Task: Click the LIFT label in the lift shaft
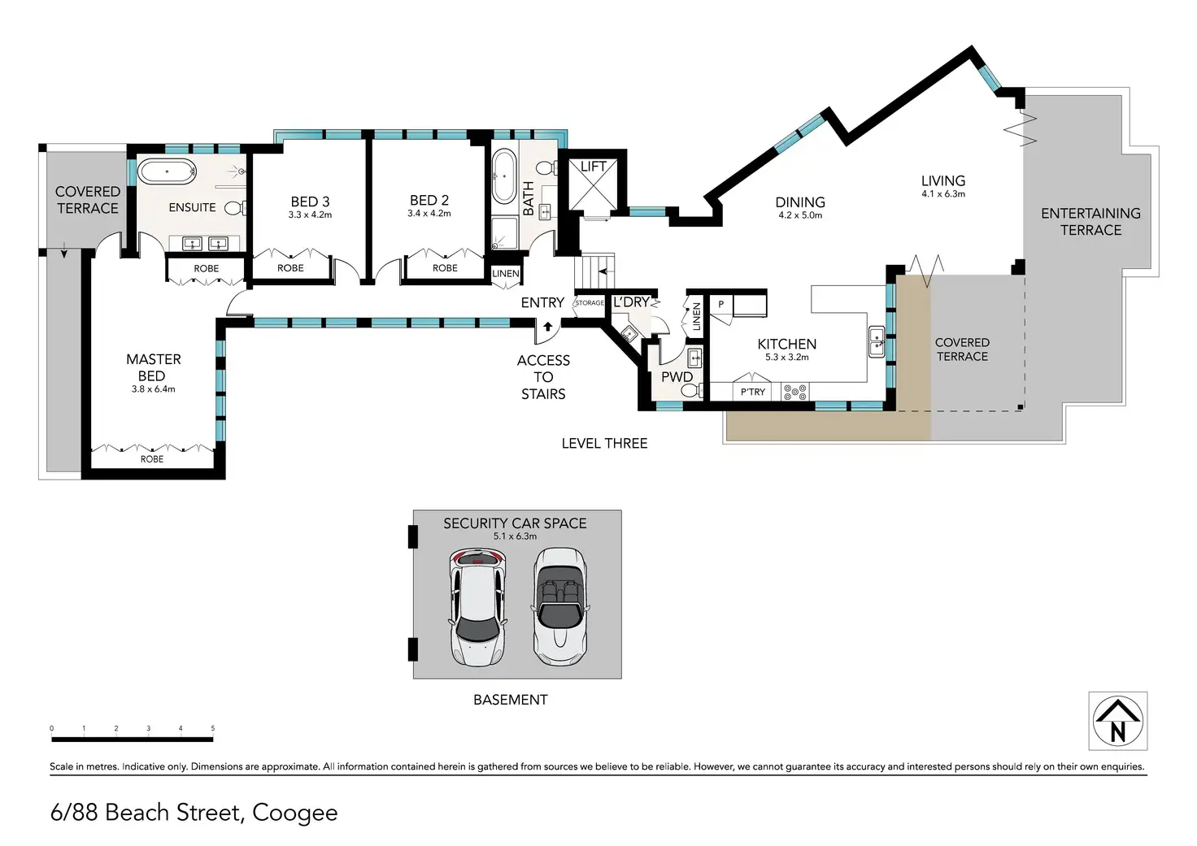(593, 167)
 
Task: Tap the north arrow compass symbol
(1118, 721)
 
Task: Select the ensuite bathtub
(167, 171)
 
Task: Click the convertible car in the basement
(560, 606)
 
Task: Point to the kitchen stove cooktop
(795, 393)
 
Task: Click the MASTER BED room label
(154, 367)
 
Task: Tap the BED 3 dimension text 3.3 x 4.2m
(310, 215)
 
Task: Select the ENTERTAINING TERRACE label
(1090, 222)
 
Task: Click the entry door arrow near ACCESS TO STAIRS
(548, 326)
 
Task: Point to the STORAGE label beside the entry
(590, 303)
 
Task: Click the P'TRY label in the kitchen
(752, 392)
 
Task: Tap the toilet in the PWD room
(692, 391)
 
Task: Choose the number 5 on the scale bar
(213, 728)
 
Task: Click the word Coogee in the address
(295, 813)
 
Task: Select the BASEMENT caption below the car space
(511, 700)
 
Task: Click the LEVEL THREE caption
(604, 443)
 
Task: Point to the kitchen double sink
(877, 342)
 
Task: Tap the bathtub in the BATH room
(504, 176)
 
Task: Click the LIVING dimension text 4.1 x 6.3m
(943, 194)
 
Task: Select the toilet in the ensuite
(235, 208)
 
